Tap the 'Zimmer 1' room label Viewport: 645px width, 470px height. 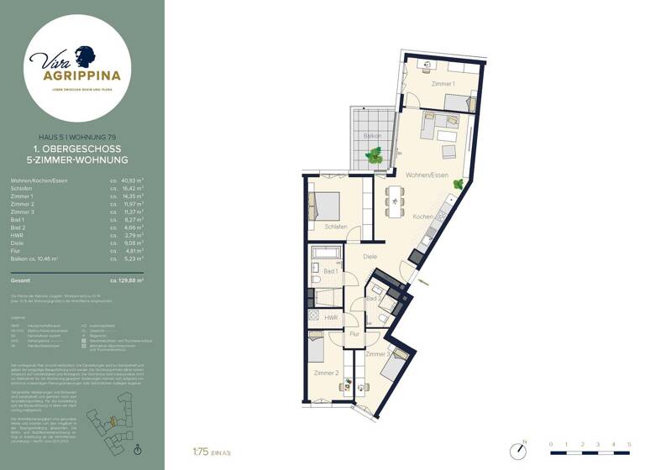click(443, 84)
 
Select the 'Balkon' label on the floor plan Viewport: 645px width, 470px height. click(372, 136)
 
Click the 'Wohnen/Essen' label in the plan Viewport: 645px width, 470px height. click(427, 175)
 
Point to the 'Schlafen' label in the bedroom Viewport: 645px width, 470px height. click(336, 227)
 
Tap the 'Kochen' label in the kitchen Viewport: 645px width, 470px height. click(422, 217)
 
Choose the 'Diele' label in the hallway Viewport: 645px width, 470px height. click(370, 256)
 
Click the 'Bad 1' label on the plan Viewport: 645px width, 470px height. click(330, 271)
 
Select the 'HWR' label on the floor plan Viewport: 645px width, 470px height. click(331, 318)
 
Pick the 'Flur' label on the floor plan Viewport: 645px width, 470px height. click(354, 334)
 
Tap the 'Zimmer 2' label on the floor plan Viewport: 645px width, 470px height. click(326, 372)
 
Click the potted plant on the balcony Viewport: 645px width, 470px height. click(375, 155)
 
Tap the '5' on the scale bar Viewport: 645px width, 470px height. click(629, 444)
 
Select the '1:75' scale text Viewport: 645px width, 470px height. click(201, 451)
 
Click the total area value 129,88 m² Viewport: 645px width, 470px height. click(127, 280)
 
